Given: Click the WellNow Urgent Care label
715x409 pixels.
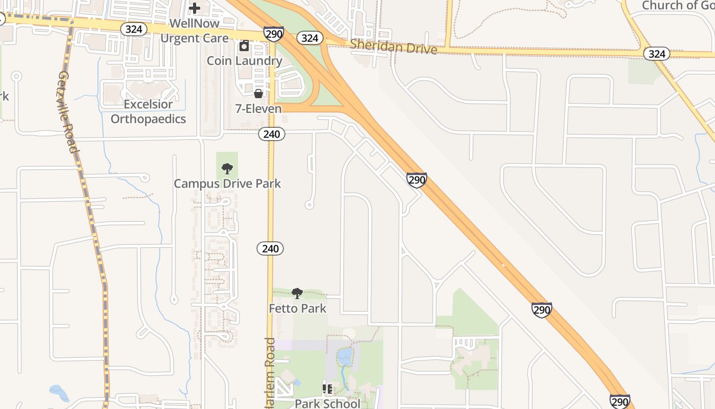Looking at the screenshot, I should tap(194, 31).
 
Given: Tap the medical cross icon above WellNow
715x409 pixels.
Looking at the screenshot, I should tap(195, 8).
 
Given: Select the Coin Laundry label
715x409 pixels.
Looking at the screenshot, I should tap(244, 61).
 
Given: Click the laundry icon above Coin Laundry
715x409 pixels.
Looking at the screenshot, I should tap(244, 46).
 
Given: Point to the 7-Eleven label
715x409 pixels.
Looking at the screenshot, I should tap(258, 108).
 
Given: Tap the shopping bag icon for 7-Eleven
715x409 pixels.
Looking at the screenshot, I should tap(258, 94).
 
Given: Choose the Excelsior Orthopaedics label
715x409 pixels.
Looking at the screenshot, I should tap(148, 111).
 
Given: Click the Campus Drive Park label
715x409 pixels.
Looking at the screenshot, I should tap(227, 184).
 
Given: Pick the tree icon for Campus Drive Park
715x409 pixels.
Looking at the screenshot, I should tap(227, 168).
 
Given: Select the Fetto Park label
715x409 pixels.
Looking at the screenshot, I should tap(297, 308).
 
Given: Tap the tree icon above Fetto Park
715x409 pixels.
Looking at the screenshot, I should tap(297, 293).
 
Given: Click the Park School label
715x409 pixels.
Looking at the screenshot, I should tap(327, 403).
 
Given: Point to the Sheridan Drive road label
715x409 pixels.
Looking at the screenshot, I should tap(393, 47).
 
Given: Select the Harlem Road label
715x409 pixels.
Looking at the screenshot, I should tap(270, 373).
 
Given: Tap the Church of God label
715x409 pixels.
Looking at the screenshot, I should tap(677, 6).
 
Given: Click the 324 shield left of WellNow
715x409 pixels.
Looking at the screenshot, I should tap(133, 29).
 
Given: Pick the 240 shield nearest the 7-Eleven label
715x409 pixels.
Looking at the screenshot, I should tap(271, 134).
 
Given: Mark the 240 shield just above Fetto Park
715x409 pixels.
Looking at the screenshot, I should tap(270, 249).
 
